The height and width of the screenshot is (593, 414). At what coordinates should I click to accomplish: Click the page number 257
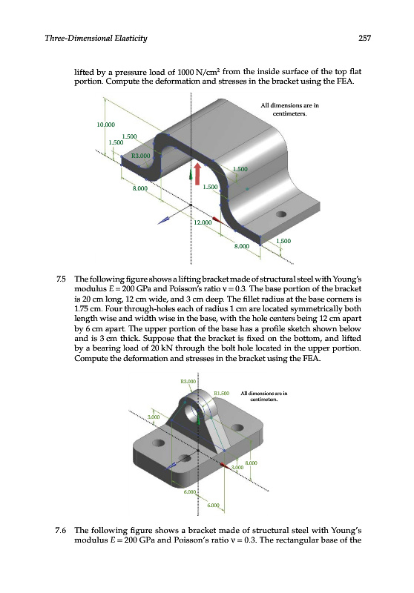(364, 39)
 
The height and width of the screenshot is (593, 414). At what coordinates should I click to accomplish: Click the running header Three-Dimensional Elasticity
(96, 39)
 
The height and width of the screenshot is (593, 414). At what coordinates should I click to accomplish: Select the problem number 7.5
(61, 279)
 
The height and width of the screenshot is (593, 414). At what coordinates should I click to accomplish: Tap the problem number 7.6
(61, 530)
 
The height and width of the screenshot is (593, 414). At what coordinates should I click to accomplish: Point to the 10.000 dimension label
(105, 125)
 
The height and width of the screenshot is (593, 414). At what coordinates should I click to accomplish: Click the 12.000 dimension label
(203, 222)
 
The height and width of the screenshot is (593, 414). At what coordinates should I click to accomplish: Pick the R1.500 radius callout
(222, 393)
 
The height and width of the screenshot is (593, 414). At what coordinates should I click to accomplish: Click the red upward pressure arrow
(197, 174)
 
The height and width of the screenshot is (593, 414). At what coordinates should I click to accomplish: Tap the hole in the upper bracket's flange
(281, 214)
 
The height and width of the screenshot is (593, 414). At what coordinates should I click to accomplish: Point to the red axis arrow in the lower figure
(226, 465)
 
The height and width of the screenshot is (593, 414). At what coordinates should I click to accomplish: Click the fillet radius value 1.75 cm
(85, 308)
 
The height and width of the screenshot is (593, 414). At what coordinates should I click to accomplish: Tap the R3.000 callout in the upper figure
(140, 156)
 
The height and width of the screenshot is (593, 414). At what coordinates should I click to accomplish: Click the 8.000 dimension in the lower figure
(252, 463)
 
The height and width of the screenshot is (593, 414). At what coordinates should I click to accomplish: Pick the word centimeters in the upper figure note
(289, 113)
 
